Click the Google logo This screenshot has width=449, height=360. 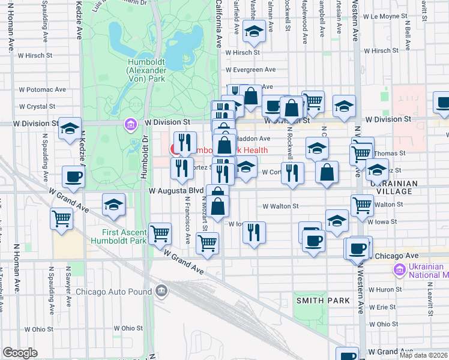[x=20, y=353]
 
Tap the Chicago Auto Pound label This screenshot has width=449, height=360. [x=114, y=292]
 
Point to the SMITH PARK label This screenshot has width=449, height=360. [x=317, y=298]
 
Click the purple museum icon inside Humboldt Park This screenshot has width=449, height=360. [x=130, y=125]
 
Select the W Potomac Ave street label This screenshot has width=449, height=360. [x=42, y=89]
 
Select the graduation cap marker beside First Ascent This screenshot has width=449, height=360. [x=113, y=205]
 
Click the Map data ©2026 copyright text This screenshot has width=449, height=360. [x=423, y=355]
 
